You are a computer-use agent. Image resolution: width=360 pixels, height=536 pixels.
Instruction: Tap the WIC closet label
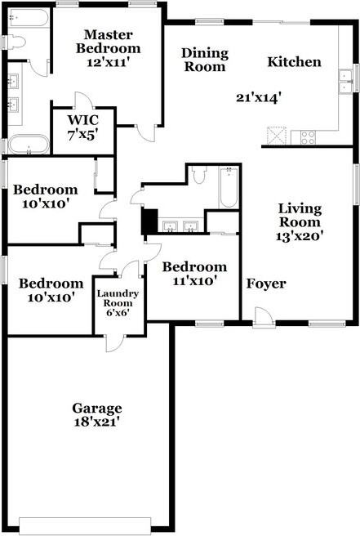click(82, 122)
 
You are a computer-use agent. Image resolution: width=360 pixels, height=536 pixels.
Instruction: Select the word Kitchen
click(294, 62)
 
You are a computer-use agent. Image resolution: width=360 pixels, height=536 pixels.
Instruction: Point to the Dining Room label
click(204, 60)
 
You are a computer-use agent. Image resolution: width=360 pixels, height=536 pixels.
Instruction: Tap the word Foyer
click(266, 284)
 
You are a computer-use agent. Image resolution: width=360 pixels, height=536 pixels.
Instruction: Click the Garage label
click(96, 408)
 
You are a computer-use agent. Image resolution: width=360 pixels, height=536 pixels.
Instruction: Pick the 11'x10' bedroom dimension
click(193, 281)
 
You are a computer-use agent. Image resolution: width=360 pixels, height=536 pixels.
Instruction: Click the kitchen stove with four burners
click(308, 137)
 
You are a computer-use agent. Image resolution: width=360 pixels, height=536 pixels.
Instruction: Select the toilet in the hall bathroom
click(200, 175)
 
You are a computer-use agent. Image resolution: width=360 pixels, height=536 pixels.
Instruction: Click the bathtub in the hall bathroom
click(228, 187)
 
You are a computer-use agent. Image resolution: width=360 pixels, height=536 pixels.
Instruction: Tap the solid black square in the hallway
click(149, 221)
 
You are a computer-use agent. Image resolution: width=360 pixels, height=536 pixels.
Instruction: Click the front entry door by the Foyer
click(262, 318)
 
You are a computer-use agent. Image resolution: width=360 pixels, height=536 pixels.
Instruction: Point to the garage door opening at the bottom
click(91, 523)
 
